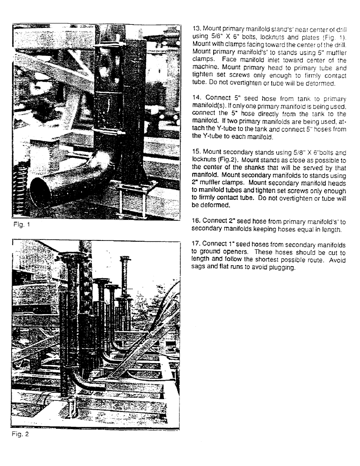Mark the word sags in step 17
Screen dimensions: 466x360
pos(201,267)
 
